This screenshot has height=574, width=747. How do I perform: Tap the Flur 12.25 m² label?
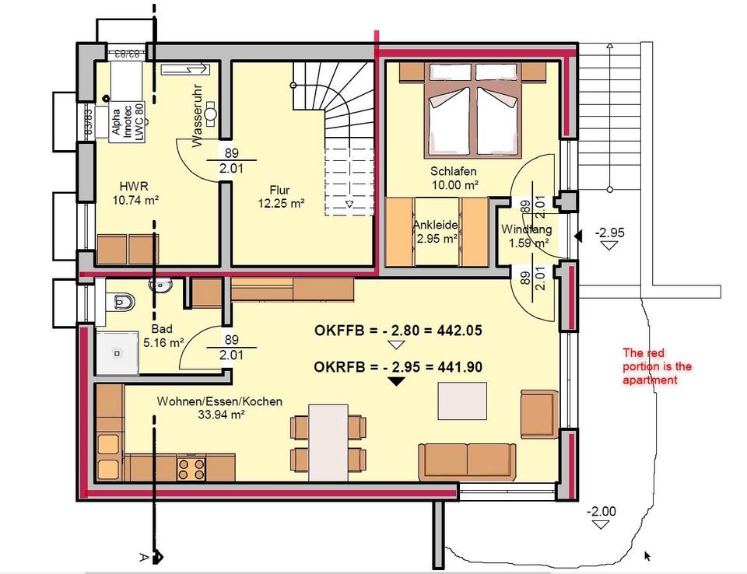279,196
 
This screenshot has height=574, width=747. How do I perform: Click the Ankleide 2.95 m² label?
436,232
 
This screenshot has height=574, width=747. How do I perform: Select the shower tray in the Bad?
116,353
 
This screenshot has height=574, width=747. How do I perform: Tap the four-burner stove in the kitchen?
192,467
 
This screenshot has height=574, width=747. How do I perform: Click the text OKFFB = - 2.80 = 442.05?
398,331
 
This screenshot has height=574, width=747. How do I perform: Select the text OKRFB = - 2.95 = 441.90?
398,366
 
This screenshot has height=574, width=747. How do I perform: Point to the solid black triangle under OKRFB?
397,381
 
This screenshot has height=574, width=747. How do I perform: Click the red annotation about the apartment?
657,366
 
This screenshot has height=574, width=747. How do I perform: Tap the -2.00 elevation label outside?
600,511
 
